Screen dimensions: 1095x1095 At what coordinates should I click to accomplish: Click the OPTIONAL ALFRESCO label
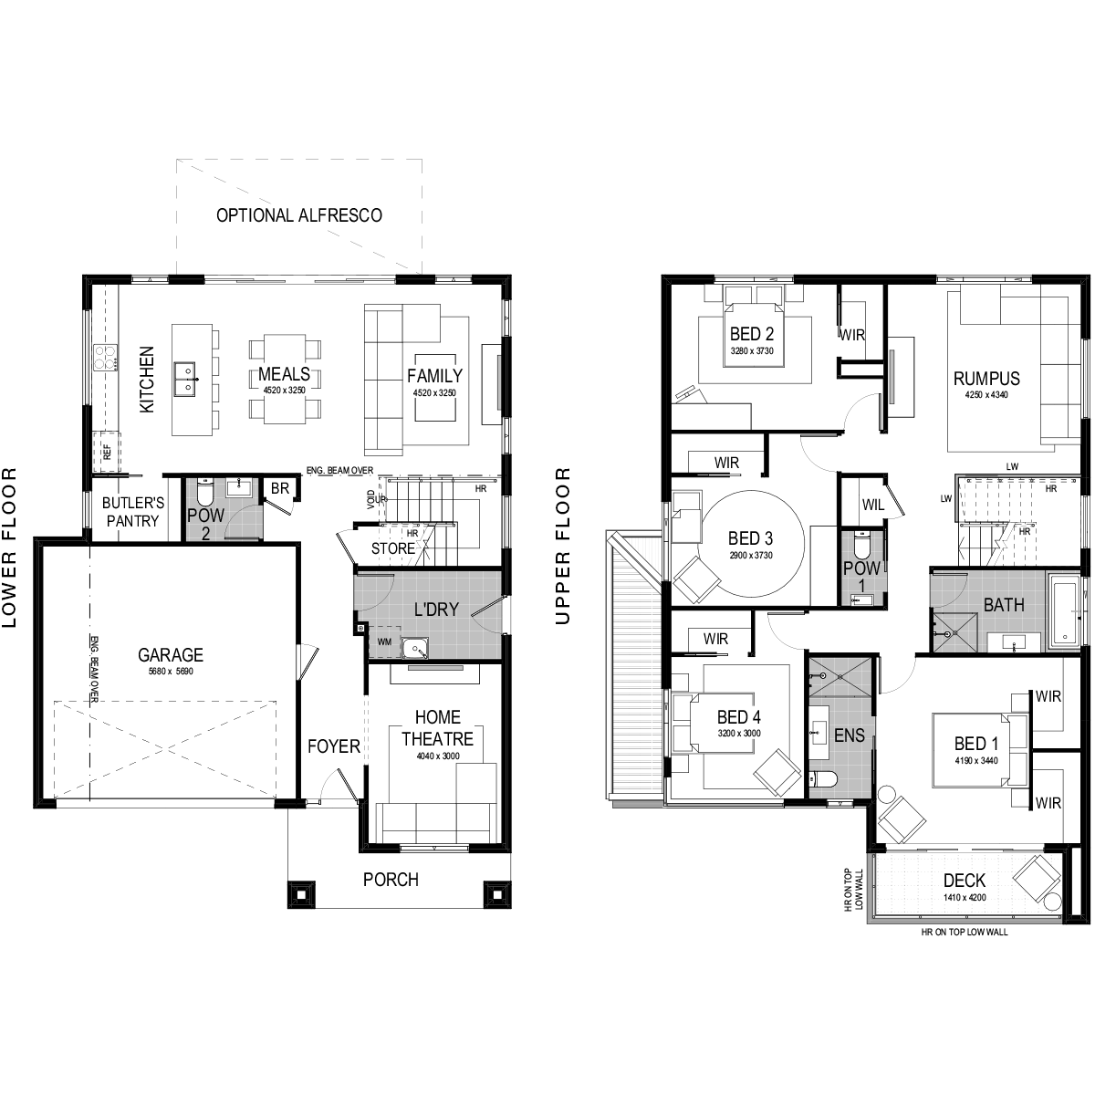tap(299, 215)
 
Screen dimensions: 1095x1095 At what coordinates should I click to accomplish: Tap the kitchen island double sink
tap(185, 379)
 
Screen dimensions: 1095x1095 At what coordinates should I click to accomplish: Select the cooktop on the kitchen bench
tap(106, 358)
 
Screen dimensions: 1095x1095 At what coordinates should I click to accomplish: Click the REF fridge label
tap(107, 453)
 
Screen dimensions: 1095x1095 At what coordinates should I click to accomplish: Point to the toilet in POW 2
tap(204, 490)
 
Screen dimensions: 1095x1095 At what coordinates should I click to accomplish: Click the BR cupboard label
tap(279, 488)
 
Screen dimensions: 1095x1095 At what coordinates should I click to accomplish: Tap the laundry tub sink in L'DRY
tap(414, 648)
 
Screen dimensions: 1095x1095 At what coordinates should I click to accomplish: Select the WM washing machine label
tap(384, 641)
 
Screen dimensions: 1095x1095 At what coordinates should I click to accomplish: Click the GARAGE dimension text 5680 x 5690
tap(171, 671)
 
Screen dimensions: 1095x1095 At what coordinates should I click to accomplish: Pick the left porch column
tap(300, 894)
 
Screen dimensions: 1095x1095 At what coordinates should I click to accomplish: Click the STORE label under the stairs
tap(392, 548)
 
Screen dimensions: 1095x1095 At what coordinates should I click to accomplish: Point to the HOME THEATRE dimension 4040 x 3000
tap(438, 756)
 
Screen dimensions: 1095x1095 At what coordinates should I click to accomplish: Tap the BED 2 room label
tap(751, 334)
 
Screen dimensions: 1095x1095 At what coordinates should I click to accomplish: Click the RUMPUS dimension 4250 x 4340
tap(986, 394)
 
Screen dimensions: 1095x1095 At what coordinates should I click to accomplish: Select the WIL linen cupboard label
tap(872, 505)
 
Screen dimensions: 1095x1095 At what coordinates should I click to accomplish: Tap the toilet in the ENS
tap(822, 778)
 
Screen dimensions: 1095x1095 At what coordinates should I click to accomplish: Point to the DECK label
tap(965, 881)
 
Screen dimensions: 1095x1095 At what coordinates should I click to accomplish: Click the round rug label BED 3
tap(751, 538)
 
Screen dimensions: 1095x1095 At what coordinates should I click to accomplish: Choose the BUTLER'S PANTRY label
tap(133, 512)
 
